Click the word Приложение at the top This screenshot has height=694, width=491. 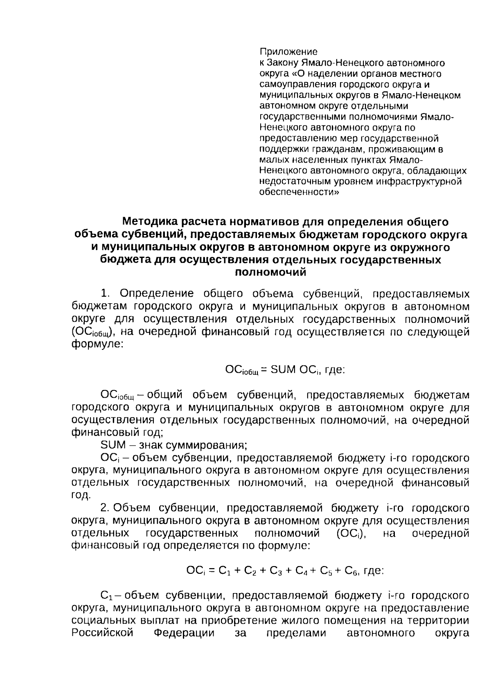288,52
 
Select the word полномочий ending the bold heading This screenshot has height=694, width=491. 270,272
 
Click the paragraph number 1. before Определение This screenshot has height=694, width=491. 106,293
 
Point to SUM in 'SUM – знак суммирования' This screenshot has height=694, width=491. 113,445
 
